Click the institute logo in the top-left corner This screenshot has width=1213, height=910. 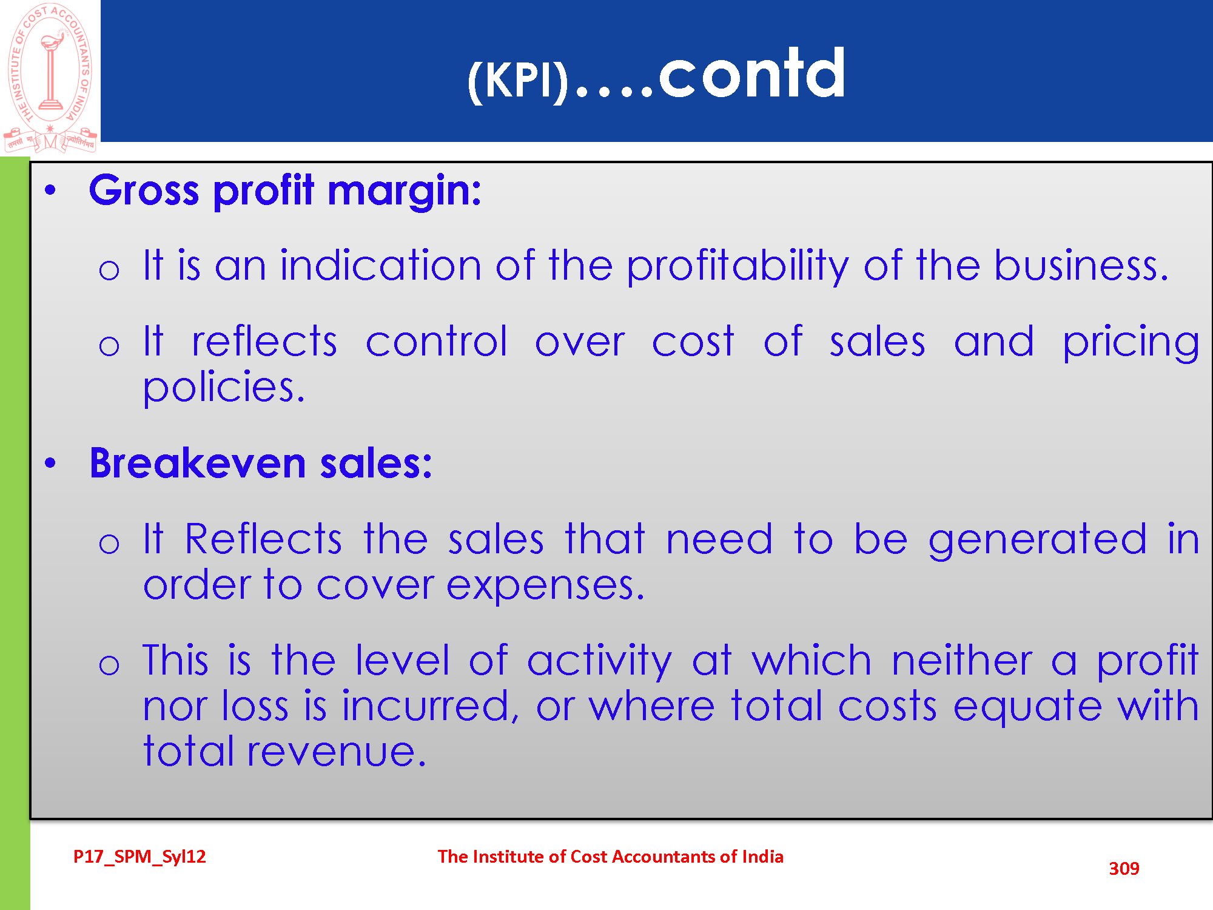pyautogui.click(x=50, y=78)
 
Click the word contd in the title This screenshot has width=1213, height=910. pyautogui.click(x=752, y=74)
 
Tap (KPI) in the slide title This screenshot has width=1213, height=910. pyautogui.click(x=518, y=81)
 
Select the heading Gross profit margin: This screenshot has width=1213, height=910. pyautogui.click(x=285, y=191)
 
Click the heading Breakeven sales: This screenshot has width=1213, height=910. pyautogui.click(x=261, y=463)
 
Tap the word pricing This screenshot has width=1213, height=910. pyautogui.click(x=1131, y=343)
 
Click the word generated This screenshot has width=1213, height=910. pyautogui.click(x=1038, y=540)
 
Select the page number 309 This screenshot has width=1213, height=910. pyautogui.click(x=1124, y=869)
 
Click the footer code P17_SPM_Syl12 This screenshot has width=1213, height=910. pyautogui.click(x=139, y=857)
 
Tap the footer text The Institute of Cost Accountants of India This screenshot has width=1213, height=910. pyautogui.click(x=611, y=857)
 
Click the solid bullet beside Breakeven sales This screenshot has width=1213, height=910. pyautogui.click(x=50, y=463)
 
